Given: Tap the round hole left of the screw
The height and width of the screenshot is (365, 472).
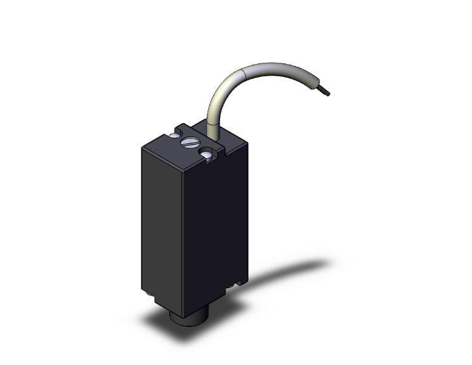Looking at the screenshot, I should click(174, 135).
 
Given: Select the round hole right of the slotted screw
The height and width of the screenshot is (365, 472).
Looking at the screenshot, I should click(207, 154).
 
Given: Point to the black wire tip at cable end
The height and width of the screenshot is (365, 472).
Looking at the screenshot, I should click(327, 93).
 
